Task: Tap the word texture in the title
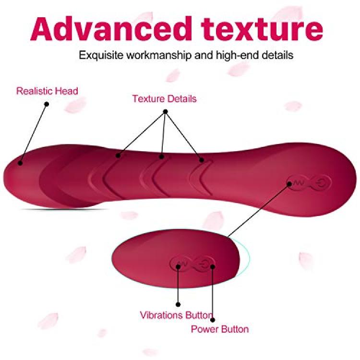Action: [x=262, y=29]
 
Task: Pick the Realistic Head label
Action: [x=47, y=91]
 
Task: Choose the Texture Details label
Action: [x=164, y=99]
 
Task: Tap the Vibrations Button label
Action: [x=176, y=315]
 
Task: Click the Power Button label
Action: [x=220, y=329]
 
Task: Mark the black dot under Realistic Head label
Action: [x=47, y=104]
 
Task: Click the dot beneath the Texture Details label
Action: [x=165, y=112]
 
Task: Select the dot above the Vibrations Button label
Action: [x=178, y=305]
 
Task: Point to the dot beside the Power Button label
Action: [x=213, y=320]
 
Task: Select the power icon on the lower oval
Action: [x=204, y=264]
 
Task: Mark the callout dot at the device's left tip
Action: [x=20, y=163]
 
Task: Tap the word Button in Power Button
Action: [x=235, y=329]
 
